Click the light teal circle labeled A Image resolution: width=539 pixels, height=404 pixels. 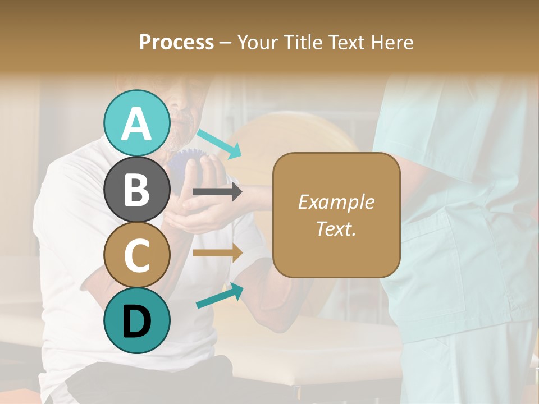pyautogui.click(x=136, y=123)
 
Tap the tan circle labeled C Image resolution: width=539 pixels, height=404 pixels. pyautogui.click(x=136, y=255)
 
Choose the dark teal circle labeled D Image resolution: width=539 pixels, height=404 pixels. pyautogui.click(x=136, y=320)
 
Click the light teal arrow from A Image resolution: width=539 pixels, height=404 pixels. pyautogui.click(x=219, y=143)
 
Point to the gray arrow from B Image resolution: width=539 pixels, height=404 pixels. pyautogui.click(x=217, y=192)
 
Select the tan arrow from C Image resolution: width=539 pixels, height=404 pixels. pyautogui.click(x=217, y=252)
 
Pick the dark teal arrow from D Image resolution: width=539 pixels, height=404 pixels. pyautogui.click(x=220, y=296)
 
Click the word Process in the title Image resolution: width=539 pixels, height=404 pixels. pyautogui.click(x=176, y=42)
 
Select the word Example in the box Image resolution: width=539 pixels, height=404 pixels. pyautogui.click(x=336, y=202)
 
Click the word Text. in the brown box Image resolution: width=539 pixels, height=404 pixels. pyautogui.click(x=336, y=228)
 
